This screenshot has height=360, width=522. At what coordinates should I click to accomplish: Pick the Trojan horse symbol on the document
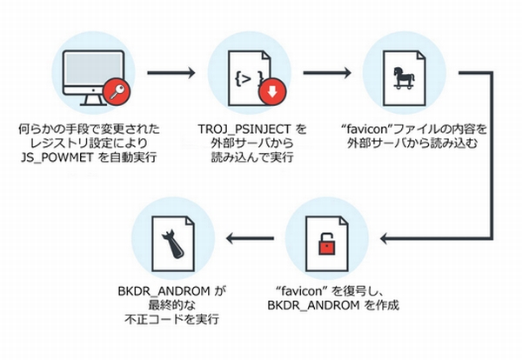[405, 79]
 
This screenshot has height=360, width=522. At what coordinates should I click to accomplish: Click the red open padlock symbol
[326, 246]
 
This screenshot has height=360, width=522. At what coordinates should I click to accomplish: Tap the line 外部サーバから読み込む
[405, 144]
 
